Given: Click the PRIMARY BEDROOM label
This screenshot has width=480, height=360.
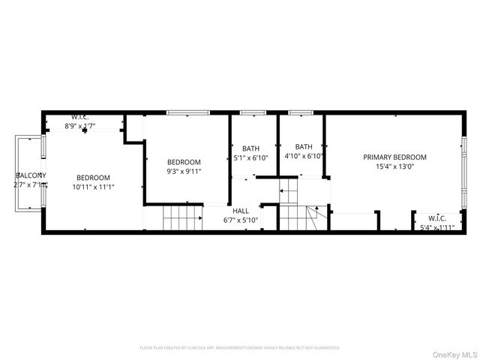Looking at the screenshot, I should tap(394, 157).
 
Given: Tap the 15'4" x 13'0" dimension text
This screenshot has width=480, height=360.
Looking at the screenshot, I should tap(394, 166).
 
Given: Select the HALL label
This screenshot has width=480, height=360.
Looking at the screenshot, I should tap(241, 211).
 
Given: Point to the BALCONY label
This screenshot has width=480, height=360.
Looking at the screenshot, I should tap(31, 175).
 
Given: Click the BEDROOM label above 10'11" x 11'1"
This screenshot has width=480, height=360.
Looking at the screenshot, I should tap(93, 177).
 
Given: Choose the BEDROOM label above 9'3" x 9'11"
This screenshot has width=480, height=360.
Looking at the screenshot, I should tap(184, 162).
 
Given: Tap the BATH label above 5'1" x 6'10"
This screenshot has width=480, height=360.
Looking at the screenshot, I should tap(250, 148).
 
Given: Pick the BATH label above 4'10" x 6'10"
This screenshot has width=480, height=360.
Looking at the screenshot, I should tap(304, 147).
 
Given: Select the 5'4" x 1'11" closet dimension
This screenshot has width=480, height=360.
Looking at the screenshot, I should tap(436, 227).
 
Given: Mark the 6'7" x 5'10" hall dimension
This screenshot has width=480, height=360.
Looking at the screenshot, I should tap(241, 220).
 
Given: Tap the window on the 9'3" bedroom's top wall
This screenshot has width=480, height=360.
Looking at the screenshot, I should tap(187, 113).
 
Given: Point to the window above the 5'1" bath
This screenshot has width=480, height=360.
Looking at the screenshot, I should tap(253, 113).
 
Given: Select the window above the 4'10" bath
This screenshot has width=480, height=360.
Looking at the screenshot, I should tap(301, 113).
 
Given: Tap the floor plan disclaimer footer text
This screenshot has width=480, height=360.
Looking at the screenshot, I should tap(240, 348).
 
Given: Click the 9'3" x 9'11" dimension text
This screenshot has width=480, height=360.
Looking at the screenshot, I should tap(184, 171).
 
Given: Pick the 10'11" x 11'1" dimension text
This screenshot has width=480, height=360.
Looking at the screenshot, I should tap(93, 187).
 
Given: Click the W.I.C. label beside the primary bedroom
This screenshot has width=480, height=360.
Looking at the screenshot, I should tap(436, 219).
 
